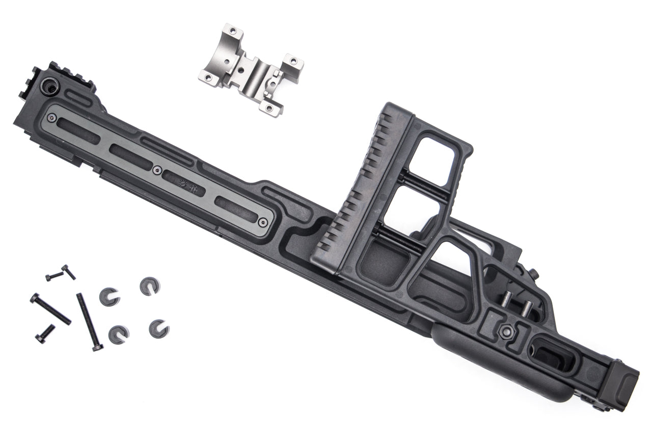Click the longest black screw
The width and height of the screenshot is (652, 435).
click(x=89, y=321)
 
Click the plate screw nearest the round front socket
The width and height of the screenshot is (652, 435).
click(x=53, y=117)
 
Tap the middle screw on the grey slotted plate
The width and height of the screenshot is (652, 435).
click(x=157, y=169)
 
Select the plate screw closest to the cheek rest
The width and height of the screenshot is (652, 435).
click(x=263, y=222)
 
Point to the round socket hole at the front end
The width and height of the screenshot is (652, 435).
click(x=51, y=87)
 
